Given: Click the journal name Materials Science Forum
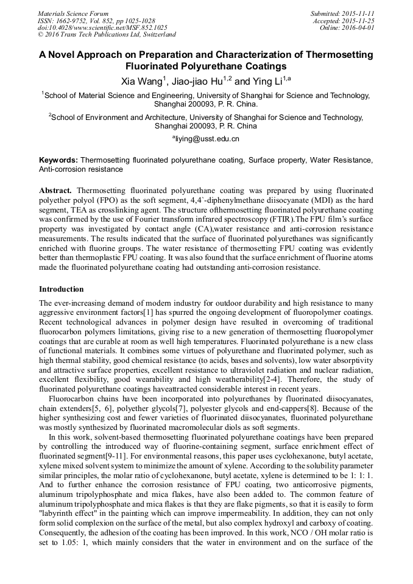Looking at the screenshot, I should (73, 13).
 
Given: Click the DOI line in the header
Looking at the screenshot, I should (102, 27).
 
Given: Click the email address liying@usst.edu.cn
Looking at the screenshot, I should (206, 139).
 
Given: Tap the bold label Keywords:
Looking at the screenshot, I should (58, 160).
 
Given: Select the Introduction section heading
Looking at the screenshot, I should (62, 289).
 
